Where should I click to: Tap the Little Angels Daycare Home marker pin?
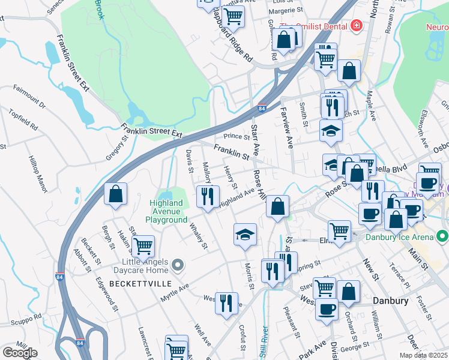pos(177,265)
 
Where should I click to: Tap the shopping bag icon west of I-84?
pos(115,194)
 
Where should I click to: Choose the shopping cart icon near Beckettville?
pos(143,246)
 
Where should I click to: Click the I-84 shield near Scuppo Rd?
pos(80,343)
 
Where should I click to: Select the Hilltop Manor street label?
pos(38,174)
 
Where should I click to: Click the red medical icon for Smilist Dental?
pos(357,26)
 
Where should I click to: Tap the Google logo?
pos(20,353)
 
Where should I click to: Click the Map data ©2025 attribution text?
pos(423,355)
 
